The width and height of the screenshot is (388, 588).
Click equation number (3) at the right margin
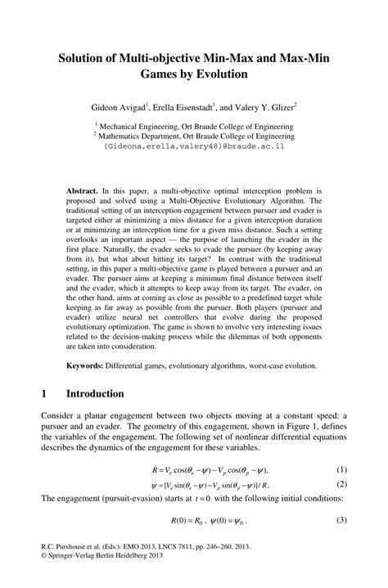[x=341, y=520]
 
